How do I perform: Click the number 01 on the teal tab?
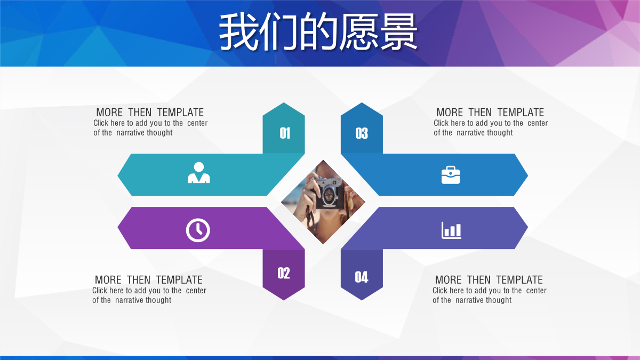click(285, 133)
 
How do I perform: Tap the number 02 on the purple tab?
click(284, 273)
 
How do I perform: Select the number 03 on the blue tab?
click(362, 133)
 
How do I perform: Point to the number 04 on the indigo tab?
click(362, 277)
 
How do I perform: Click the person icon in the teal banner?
click(198, 172)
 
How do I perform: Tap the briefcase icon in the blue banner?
click(451, 175)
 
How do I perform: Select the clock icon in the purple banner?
click(198, 230)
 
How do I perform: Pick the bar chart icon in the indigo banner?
click(451, 230)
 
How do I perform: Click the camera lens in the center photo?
click(330, 195)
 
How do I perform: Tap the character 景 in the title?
click(398, 31)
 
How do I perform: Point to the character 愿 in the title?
click(358, 31)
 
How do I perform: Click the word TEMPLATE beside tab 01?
click(180, 113)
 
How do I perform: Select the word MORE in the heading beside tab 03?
click(450, 113)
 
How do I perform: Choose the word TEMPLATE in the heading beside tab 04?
click(519, 279)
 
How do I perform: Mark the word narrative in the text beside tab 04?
click(469, 300)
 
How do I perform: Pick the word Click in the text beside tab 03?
click(441, 123)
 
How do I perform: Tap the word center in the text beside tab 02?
click(196, 291)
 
